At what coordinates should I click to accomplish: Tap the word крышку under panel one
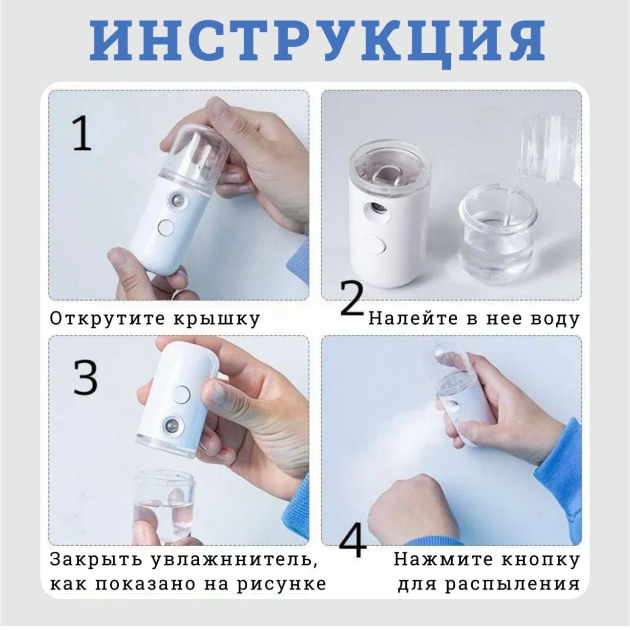pos(216,319)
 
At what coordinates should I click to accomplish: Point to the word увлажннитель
pos(236,560)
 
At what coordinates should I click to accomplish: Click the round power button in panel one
pos(166,228)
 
